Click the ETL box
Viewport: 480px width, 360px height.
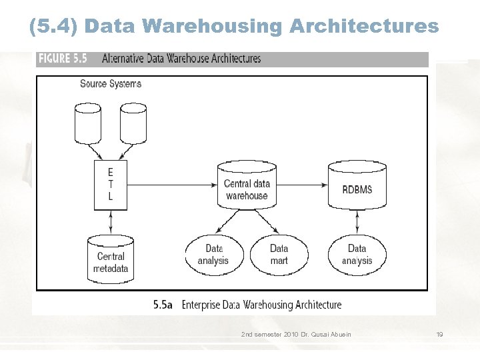111,183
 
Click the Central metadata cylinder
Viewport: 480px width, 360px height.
111,258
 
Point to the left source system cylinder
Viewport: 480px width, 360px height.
88,123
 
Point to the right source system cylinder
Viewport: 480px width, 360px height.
133,123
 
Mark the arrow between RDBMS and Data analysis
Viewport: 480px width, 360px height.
357,221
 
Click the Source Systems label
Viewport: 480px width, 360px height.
111,84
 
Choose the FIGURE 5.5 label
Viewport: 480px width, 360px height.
63,59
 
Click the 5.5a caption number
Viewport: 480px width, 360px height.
163,305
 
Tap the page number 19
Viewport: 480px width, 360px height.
439,334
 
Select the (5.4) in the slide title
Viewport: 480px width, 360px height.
55,27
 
